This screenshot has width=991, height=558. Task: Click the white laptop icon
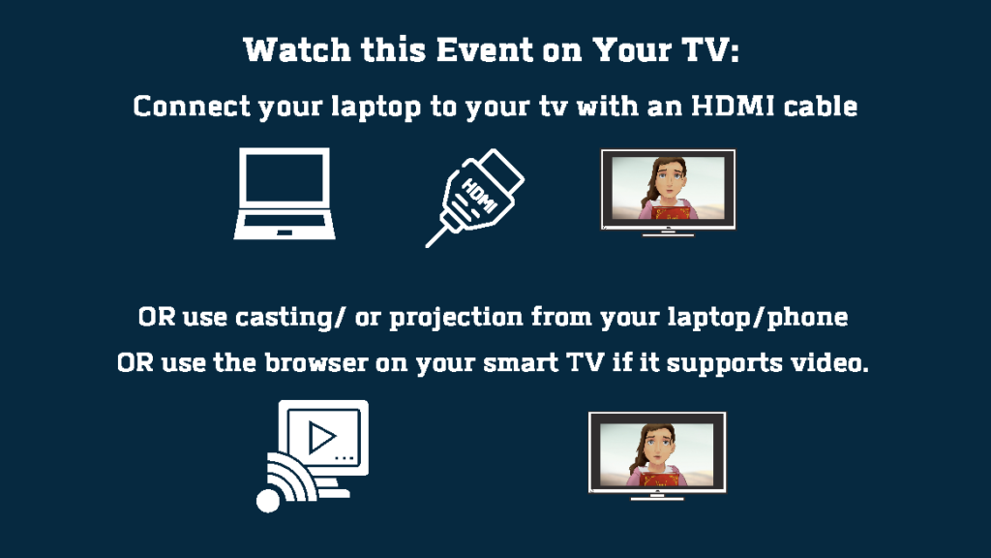click(285, 194)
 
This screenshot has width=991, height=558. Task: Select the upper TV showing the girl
click(668, 193)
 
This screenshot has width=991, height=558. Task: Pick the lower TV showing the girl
click(657, 455)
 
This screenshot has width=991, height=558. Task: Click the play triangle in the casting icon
click(321, 437)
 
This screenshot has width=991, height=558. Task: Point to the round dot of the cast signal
click(268, 501)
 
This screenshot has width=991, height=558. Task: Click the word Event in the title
click(484, 50)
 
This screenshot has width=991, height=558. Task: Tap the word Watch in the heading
click(297, 50)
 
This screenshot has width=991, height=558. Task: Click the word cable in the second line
click(821, 106)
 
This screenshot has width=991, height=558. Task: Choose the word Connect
click(192, 107)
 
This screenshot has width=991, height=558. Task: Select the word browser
click(316, 362)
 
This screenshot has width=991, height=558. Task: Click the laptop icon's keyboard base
click(285, 227)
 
